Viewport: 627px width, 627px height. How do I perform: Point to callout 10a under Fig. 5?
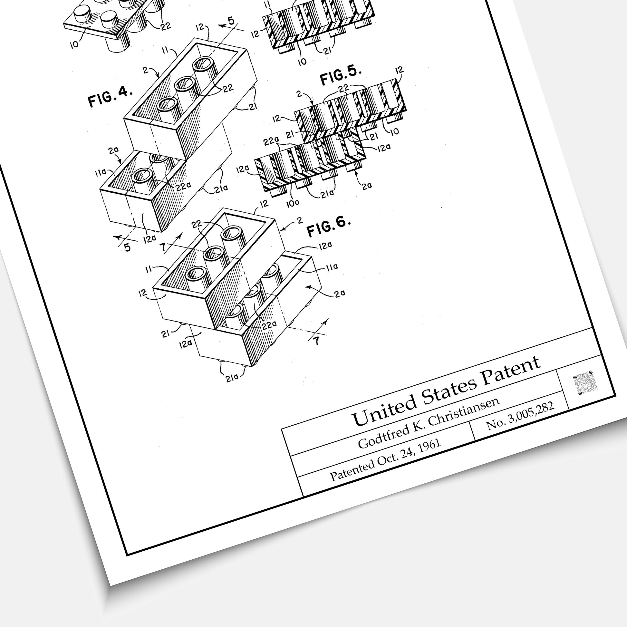pos(293,204)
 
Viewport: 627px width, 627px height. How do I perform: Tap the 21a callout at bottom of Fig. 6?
pos(232,377)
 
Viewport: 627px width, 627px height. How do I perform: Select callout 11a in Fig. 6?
pos(332,267)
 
